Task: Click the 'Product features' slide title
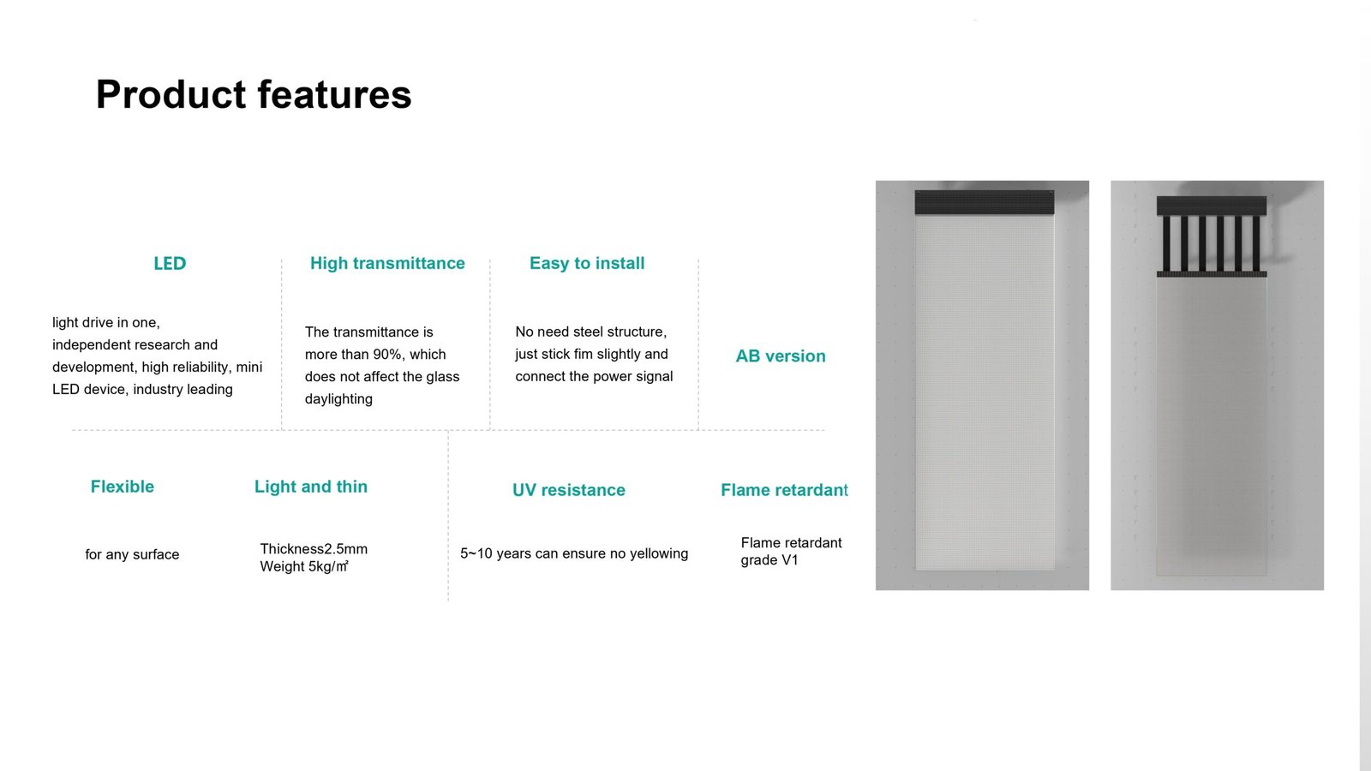(254, 95)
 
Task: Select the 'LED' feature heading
(170, 263)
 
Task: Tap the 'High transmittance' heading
(387, 263)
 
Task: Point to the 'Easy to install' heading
(587, 263)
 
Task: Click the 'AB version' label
(781, 356)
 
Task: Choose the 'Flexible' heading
(123, 487)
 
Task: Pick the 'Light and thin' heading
(311, 487)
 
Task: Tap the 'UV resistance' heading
(569, 489)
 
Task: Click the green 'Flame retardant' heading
(784, 489)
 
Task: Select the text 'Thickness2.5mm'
(314, 548)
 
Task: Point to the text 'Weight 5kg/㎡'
(304, 566)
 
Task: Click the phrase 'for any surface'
(132, 554)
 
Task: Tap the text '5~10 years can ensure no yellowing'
(574, 553)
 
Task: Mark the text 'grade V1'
(769, 560)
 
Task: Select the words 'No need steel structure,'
(590, 332)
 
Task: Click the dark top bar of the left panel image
(985, 202)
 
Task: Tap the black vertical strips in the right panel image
(1212, 243)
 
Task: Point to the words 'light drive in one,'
(106, 322)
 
